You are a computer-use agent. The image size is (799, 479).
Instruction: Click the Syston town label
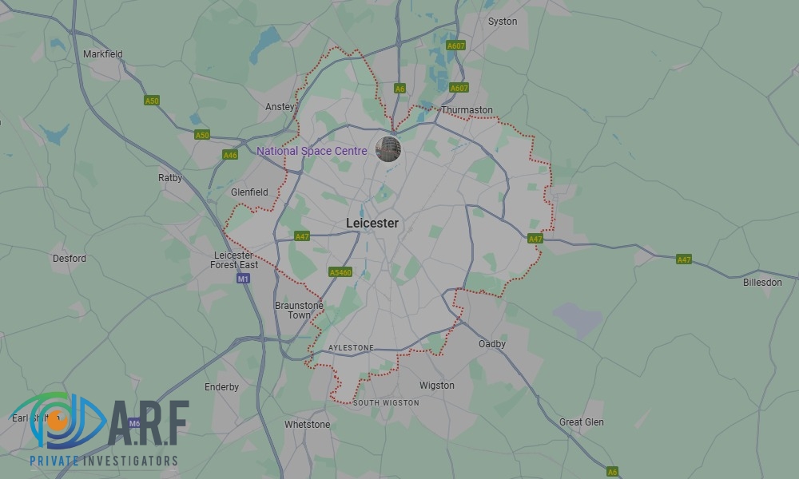click(x=503, y=22)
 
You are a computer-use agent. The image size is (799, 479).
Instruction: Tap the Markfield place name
click(x=103, y=54)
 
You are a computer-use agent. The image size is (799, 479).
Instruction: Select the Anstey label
click(x=280, y=106)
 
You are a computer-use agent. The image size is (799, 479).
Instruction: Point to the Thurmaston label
click(x=467, y=110)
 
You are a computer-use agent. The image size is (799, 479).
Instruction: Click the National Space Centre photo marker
click(x=388, y=148)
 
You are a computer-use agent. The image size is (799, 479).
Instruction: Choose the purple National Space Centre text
click(x=312, y=151)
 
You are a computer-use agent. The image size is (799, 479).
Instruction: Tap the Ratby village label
click(x=170, y=178)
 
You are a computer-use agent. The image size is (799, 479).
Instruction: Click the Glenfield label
click(x=249, y=192)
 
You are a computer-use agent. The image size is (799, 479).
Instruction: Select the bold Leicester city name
click(x=372, y=224)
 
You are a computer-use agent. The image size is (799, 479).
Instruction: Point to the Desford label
click(x=70, y=259)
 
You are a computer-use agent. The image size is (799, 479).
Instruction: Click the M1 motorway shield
click(x=244, y=279)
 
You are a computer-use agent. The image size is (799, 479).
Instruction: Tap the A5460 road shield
click(x=340, y=272)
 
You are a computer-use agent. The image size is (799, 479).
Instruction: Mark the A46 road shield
click(x=230, y=155)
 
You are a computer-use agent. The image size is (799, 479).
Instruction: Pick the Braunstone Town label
click(x=299, y=311)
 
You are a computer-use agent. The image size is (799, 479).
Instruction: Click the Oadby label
click(x=492, y=344)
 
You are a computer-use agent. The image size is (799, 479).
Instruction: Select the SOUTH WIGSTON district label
click(x=386, y=403)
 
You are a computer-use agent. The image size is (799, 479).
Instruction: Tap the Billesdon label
click(x=762, y=283)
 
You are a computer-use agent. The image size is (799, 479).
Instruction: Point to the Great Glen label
click(x=582, y=422)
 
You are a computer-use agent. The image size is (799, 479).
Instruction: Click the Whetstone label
click(x=307, y=425)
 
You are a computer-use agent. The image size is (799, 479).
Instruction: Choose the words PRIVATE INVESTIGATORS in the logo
click(x=104, y=461)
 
